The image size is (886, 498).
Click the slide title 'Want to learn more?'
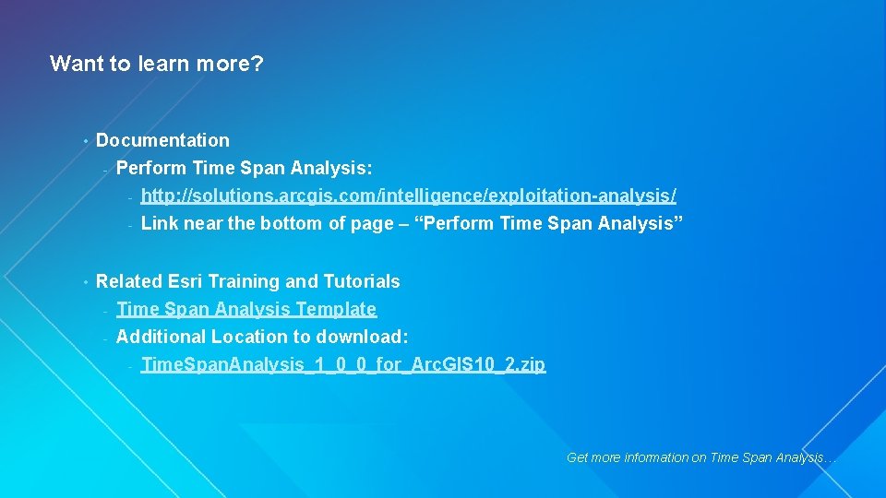[x=156, y=64]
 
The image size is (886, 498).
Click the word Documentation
[x=162, y=140]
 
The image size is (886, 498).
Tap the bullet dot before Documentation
[x=84, y=141]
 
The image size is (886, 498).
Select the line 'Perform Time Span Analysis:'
[x=245, y=168]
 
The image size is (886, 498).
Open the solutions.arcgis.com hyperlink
[x=408, y=196]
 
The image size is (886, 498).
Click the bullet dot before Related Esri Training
[x=84, y=282]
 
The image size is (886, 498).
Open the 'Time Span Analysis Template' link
[x=246, y=309]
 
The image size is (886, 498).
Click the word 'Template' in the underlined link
[x=335, y=309]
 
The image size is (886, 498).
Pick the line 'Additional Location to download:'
[x=262, y=337]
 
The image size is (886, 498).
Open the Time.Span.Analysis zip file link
[x=342, y=364]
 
